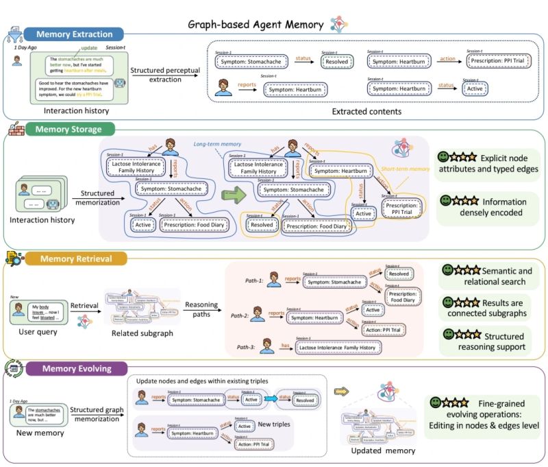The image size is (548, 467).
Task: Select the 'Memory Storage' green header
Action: click(x=68, y=129)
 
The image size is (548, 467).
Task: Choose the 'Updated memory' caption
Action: click(x=382, y=450)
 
